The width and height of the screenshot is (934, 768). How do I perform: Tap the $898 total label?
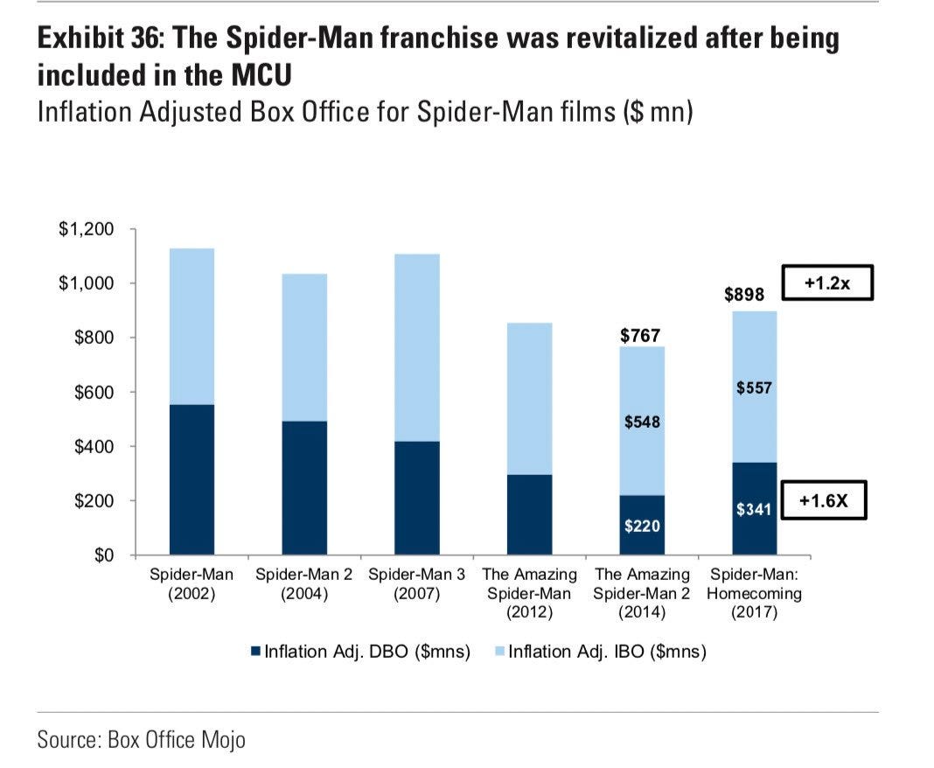pos(744,295)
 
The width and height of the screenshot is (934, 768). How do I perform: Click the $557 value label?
pos(753,387)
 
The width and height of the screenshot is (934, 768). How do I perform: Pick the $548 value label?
pos(642,422)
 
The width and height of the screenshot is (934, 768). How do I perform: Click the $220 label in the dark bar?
pos(642,526)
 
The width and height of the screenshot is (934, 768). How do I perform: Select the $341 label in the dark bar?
pos(753,508)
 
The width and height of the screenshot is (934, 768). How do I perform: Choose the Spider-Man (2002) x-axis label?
pos(192,583)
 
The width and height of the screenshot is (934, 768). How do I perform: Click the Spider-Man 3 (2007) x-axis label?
pos(416,583)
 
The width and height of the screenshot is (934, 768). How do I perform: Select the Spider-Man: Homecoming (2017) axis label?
pos(755,593)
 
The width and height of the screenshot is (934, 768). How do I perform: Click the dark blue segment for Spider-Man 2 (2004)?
pos(303,488)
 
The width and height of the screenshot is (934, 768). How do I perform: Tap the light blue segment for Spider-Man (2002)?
pos(192,326)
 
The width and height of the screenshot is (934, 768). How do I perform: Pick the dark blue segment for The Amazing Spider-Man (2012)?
pos(529,515)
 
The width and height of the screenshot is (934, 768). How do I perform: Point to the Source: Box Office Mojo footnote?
pos(141,740)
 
